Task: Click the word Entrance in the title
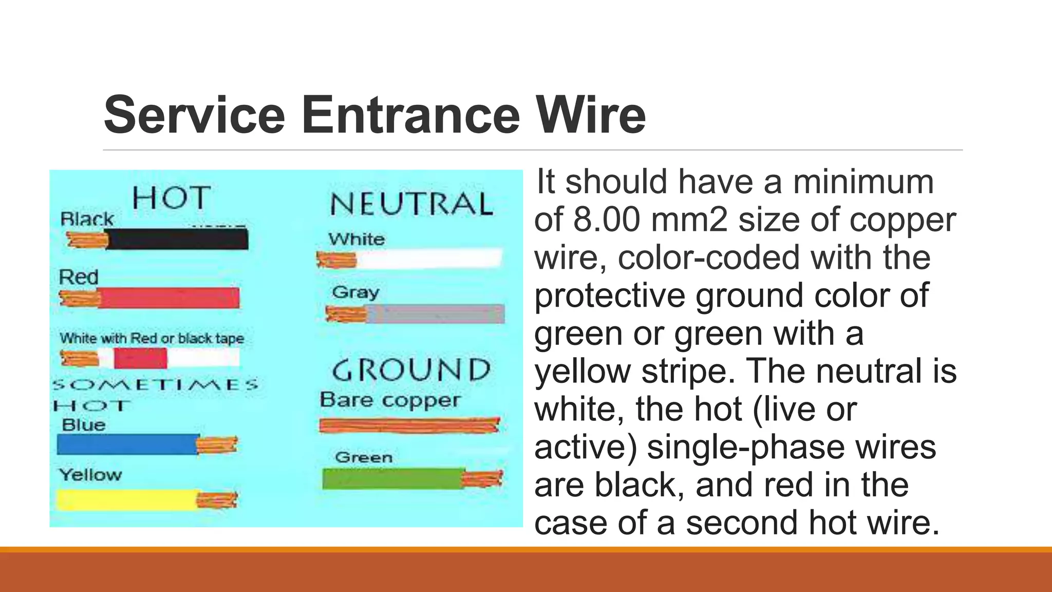point(408,115)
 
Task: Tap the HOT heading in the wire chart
point(172,198)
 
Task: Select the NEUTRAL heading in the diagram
point(411,204)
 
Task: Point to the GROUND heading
point(411,370)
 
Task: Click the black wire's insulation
point(177,239)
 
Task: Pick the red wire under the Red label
point(168,299)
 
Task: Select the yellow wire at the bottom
point(126,499)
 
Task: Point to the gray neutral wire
point(434,314)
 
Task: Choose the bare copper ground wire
point(409,425)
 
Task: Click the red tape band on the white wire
point(140,358)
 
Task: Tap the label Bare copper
point(389,400)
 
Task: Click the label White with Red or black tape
point(152,338)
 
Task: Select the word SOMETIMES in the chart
point(156,384)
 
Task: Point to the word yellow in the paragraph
point(583,371)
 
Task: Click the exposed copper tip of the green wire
point(482,479)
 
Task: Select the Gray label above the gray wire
point(355,292)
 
